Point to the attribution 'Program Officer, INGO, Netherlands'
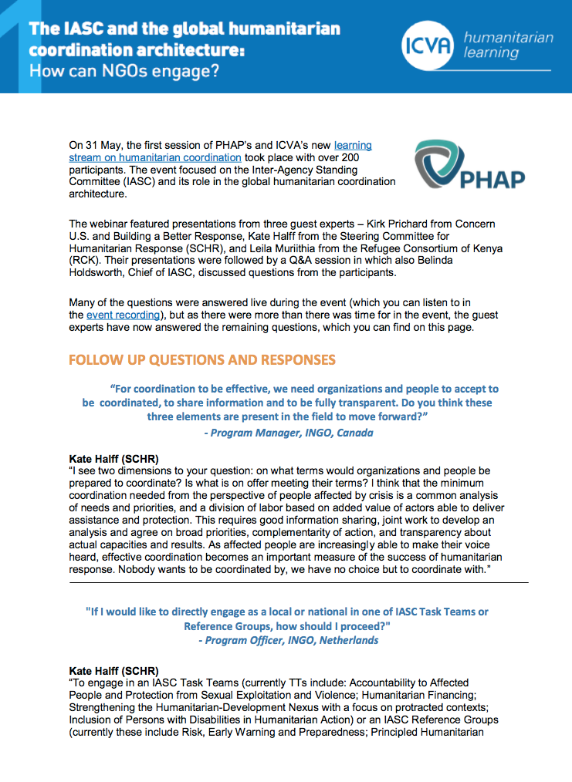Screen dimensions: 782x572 [x=288, y=640]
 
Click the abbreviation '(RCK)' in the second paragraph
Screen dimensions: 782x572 [x=85, y=261]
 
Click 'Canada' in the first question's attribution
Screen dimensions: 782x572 [x=354, y=433]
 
